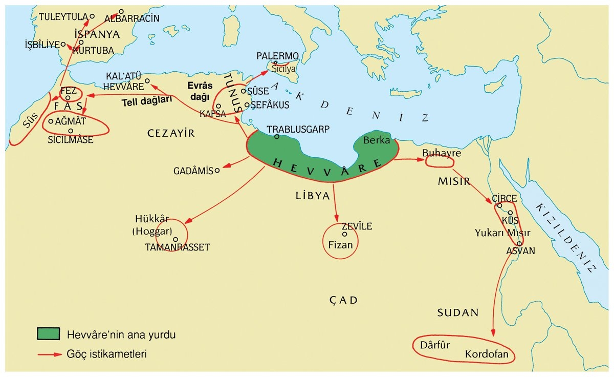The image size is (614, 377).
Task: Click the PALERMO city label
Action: click(x=277, y=55)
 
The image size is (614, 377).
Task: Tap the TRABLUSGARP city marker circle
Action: click(x=277, y=137)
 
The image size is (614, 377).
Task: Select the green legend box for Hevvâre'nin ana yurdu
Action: click(x=49, y=334)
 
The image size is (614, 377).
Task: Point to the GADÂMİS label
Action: click(x=194, y=171)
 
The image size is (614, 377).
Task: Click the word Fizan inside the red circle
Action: click(x=340, y=245)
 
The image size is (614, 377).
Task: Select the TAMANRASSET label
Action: click(x=178, y=247)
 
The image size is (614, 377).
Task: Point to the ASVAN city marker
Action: click(x=519, y=244)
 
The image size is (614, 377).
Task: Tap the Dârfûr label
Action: click(x=434, y=345)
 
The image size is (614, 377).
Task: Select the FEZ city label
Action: click(x=68, y=90)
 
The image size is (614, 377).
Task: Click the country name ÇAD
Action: click(x=343, y=300)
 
